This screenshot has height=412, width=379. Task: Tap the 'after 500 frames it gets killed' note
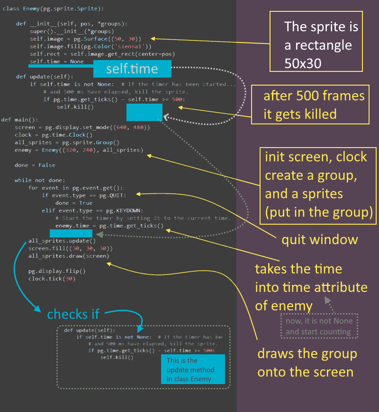[314, 105]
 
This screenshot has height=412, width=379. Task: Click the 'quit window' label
[320, 239]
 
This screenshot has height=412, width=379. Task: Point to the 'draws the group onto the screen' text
[307, 362]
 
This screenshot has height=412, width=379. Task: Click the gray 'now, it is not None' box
[319, 326]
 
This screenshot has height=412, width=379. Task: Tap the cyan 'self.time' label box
[132, 69]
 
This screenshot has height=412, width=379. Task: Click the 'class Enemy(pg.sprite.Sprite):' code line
[53, 9]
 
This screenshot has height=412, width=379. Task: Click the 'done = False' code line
[35, 165]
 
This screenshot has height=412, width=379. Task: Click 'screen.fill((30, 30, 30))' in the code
[71, 248]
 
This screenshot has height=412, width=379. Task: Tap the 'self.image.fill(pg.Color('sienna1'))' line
[90, 46]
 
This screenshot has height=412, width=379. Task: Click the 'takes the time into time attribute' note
[311, 287]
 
